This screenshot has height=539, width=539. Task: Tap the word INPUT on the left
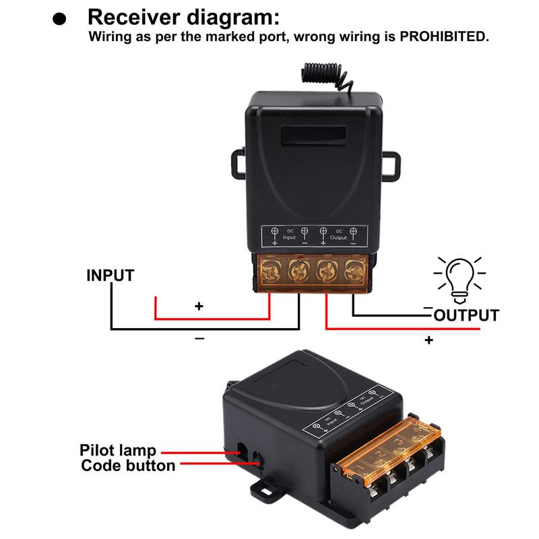pos(110,276)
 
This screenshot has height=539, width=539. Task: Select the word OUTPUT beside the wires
pos(466,315)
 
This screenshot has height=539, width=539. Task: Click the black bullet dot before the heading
pos(61,20)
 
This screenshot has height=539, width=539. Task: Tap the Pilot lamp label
pos(118,451)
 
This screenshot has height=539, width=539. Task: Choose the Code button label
pos(128,466)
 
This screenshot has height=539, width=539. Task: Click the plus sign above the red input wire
pos(199,306)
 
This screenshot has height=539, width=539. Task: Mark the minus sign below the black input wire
pos(199,338)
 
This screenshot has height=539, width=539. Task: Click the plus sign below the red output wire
pos(429,340)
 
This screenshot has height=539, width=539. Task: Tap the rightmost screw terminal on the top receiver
pos(352,272)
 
